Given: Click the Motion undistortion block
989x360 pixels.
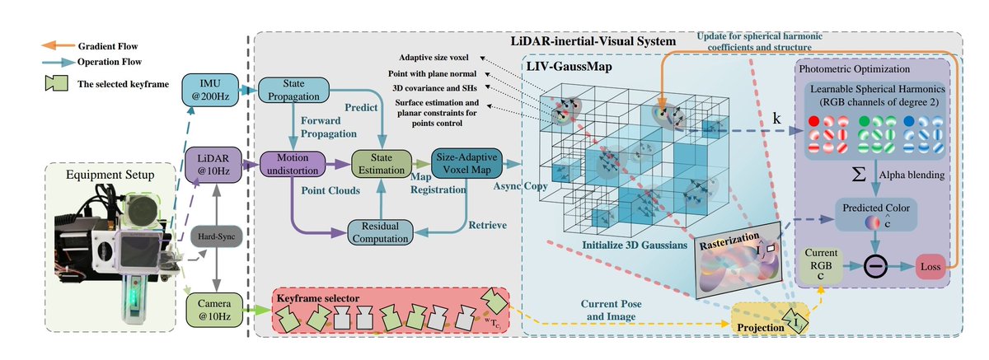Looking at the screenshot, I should click(x=294, y=163).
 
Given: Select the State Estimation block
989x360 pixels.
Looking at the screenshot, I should click(x=379, y=163).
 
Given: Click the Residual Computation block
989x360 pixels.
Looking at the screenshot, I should click(x=379, y=232).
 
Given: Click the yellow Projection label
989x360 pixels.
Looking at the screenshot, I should click(x=766, y=324).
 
